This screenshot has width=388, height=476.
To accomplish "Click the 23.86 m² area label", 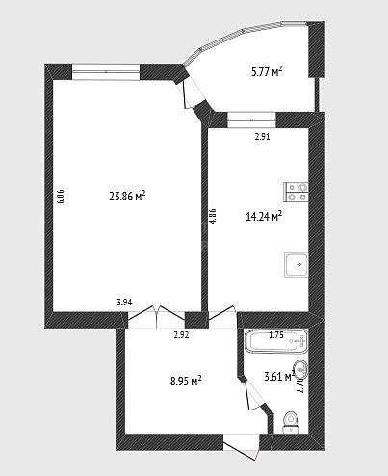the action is (x=128, y=196).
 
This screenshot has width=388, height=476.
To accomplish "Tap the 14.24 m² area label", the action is (x=264, y=216).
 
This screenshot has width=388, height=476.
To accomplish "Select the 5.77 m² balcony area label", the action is (x=267, y=71).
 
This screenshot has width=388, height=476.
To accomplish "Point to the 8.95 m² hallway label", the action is (x=186, y=381).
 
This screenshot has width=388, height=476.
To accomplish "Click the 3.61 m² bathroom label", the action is (x=279, y=376).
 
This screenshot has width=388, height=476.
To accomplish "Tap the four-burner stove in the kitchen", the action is (x=296, y=192).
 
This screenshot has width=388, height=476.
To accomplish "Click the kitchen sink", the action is (x=297, y=265).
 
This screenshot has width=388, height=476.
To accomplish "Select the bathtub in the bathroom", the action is (x=276, y=340).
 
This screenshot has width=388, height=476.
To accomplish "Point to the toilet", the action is (x=292, y=422).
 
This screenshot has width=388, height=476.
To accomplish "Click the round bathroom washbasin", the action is (x=300, y=370).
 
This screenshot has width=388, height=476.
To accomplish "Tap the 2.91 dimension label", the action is (x=262, y=137).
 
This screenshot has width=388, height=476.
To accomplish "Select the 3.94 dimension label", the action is (x=124, y=303).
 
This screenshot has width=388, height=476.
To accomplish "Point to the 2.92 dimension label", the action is (x=181, y=335).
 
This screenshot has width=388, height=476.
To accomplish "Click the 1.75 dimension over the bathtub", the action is (x=276, y=335).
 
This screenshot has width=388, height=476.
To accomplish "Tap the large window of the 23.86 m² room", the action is (x=106, y=71).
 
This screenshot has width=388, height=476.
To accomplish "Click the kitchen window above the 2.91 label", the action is (x=251, y=120).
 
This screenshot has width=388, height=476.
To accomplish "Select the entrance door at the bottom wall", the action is (x=241, y=446).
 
